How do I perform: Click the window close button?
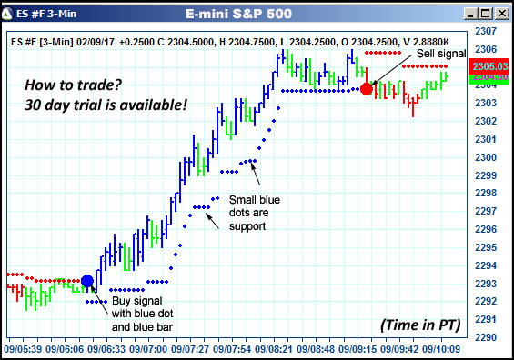pos(501,13)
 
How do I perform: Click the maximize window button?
pos(485,13)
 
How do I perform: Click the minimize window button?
pos(469,13)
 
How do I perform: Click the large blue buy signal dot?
pos(88,281)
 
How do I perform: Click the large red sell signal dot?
pos(367,88)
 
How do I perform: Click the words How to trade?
pos(71,84)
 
